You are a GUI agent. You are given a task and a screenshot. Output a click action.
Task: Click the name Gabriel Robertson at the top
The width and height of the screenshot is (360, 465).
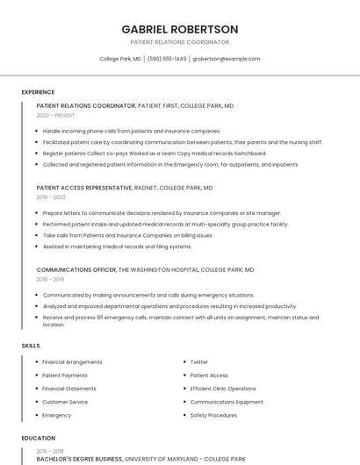pyautogui.click(x=179, y=29)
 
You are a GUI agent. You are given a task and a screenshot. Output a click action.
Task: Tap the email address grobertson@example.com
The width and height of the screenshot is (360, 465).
pyautogui.click(x=227, y=59)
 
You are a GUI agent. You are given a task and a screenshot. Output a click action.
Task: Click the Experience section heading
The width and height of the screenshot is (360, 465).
pyautogui.click(x=38, y=92)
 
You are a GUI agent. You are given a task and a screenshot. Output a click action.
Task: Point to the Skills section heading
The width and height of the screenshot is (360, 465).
pyautogui.click(x=31, y=346)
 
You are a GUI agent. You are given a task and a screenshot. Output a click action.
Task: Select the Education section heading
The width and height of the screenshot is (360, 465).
pyautogui.click(x=39, y=438)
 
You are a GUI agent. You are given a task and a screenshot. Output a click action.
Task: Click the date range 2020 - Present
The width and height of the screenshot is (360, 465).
pyautogui.click(x=55, y=115)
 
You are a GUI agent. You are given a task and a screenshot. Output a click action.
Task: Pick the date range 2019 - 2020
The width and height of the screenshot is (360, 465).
pyautogui.click(x=51, y=197)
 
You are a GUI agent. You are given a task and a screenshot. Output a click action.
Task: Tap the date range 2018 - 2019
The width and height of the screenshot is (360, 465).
pyautogui.click(x=51, y=279)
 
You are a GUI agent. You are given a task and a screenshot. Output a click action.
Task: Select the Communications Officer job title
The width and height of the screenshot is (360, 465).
pyautogui.click(x=76, y=269)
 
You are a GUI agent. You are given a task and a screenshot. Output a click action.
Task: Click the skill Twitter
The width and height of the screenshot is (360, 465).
pyautogui.click(x=199, y=362)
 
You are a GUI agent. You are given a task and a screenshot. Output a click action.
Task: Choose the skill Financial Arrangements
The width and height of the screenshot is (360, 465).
pyautogui.click(x=72, y=362)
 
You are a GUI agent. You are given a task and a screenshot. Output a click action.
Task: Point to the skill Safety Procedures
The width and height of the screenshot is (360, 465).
pyautogui.click(x=213, y=415)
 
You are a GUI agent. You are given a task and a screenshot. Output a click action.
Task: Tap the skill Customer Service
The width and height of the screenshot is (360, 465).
pyautogui.click(x=65, y=402)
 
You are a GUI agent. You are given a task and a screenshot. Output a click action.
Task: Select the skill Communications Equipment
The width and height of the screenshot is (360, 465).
pyautogui.click(x=227, y=402)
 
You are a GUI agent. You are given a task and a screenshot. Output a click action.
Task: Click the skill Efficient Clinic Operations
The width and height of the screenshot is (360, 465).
pyautogui.click(x=223, y=389)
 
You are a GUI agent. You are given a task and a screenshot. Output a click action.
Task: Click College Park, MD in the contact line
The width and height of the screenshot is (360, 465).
pyautogui.click(x=120, y=59)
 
